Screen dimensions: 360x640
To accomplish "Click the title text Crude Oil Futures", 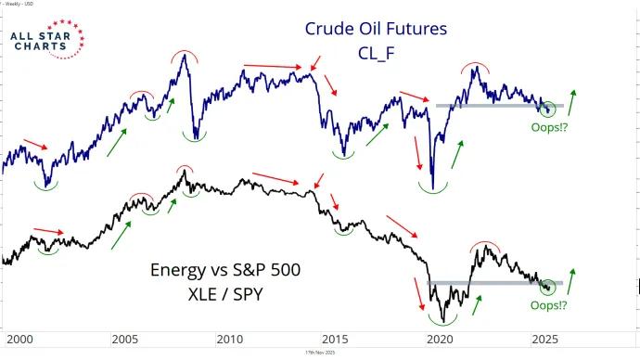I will click(376, 29).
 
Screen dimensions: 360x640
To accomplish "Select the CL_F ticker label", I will click(377, 53).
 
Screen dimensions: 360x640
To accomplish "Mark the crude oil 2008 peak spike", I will click(185, 55).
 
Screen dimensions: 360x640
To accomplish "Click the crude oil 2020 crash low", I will click(433, 189).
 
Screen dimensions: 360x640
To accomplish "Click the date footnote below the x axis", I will click(320, 354).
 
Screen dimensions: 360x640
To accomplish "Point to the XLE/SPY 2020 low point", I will click(446, 321).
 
